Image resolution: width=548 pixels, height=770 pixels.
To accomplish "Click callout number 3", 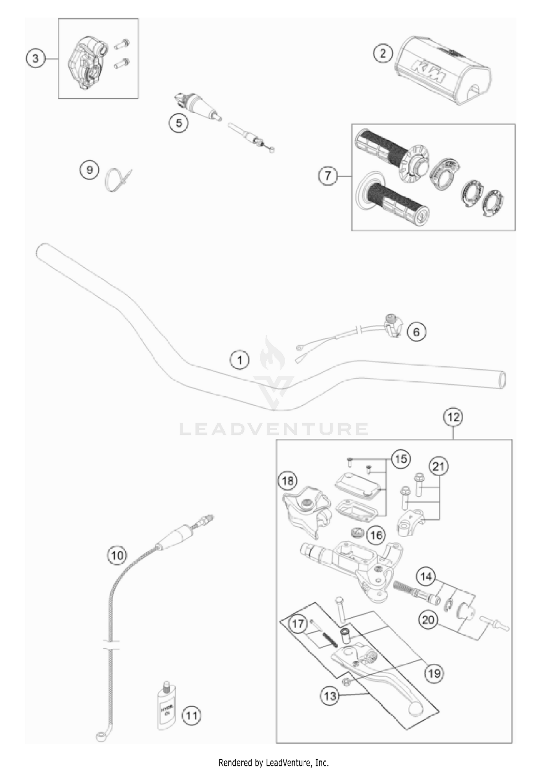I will tap(35, 58).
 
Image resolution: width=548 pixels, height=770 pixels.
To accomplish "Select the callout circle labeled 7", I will tap(328, 176).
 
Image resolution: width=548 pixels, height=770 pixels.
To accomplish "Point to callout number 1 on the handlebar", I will tap(239, 361).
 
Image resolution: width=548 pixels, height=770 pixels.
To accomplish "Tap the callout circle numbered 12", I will tap(453, 417).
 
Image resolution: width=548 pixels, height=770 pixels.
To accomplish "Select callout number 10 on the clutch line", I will tap(117, 556).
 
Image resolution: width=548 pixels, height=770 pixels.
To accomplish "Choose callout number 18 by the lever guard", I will tap(288, 481).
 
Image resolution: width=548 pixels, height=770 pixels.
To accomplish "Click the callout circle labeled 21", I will tap(439, 466).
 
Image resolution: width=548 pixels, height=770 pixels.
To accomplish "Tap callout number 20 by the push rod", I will tap(429, 620).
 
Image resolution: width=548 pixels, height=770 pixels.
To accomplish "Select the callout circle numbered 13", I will tap(330, 696).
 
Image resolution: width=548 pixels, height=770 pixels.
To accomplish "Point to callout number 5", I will tap(179, 123).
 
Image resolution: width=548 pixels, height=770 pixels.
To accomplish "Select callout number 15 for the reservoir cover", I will tap(401, 458).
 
